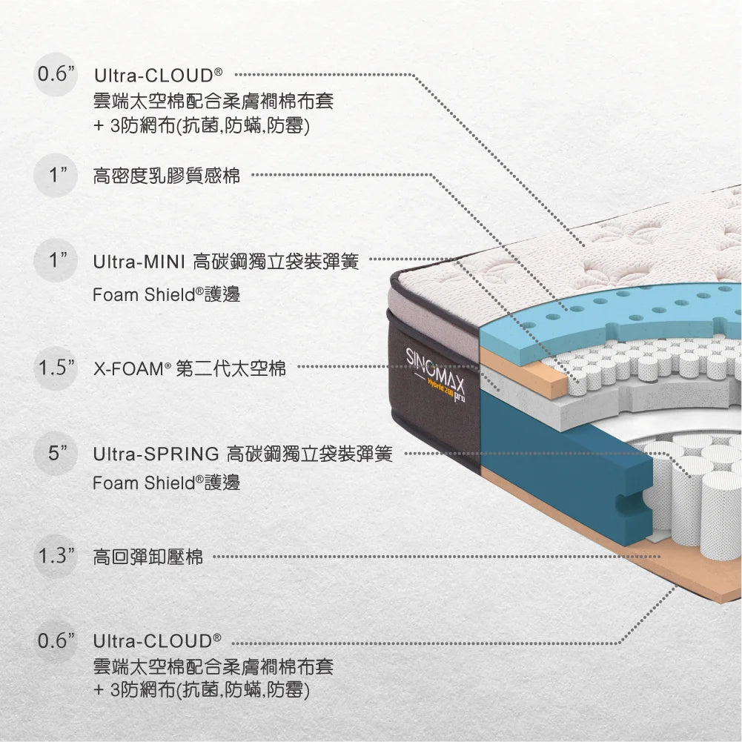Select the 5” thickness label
pyautogui.click(x=59, y=452)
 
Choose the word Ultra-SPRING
pyautogui.click(x=156, y=453)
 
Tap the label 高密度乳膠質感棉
pyautogui.click(x=167, y=176)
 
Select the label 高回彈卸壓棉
pyautogui.click(x=148, y=557)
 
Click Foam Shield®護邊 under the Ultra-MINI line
pyautogui.click(x=167, y=294)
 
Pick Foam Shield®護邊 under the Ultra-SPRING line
pyautogui.click(x=167, y=483)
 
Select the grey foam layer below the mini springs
pyautogui.click(x=563, y=408)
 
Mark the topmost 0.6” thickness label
pyautogui.click(x=58, y=76)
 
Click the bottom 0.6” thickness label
pyautogui.click(x=58, y=640)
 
